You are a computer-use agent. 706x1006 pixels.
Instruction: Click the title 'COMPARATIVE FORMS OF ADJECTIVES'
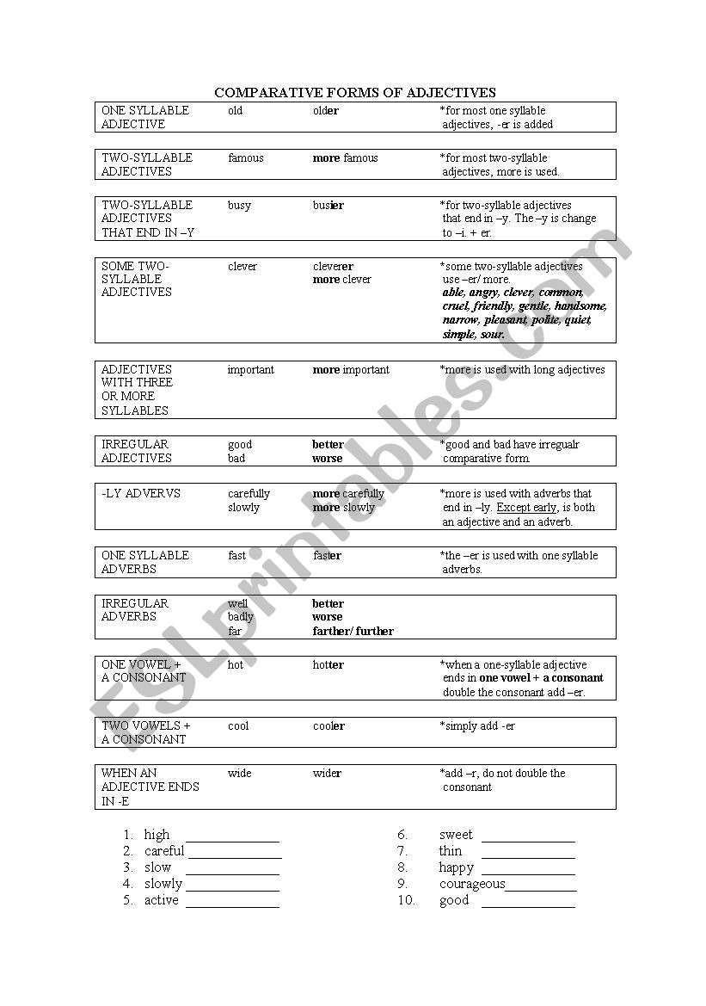354,92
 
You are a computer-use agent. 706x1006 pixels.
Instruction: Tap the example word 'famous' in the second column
246,158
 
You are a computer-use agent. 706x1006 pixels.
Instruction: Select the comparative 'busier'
328,206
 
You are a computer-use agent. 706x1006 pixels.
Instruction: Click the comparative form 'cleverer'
333,267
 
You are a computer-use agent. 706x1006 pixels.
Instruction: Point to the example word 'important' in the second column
250,370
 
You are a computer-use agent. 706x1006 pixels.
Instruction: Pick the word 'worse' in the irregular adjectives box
327,459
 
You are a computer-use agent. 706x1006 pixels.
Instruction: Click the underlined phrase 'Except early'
526,508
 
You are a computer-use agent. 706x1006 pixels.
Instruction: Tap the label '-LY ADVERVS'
141,494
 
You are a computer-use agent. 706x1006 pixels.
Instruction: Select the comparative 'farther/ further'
353,631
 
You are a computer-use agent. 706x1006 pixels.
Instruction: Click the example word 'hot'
236,665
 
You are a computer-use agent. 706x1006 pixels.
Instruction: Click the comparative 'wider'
327,774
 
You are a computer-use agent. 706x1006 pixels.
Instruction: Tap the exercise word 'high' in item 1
157,835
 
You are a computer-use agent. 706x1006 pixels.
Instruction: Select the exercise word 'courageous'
472,884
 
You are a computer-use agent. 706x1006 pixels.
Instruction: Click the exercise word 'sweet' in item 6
456,835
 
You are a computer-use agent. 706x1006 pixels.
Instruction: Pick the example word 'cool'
238,726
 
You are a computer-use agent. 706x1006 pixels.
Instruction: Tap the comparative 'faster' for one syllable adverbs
327,556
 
